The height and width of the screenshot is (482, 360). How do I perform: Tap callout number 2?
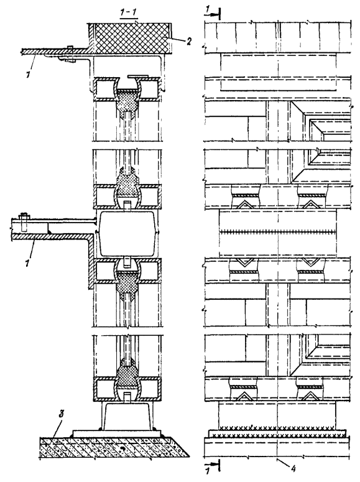188,41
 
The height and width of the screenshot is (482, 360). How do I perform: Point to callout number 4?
293,468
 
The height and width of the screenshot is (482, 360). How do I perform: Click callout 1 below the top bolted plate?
29,75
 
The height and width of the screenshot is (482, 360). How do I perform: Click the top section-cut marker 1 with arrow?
211,13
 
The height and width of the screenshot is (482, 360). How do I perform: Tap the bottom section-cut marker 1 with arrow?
211,471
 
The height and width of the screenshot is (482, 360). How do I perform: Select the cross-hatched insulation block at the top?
129,38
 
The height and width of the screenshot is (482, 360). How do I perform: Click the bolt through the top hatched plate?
69,53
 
